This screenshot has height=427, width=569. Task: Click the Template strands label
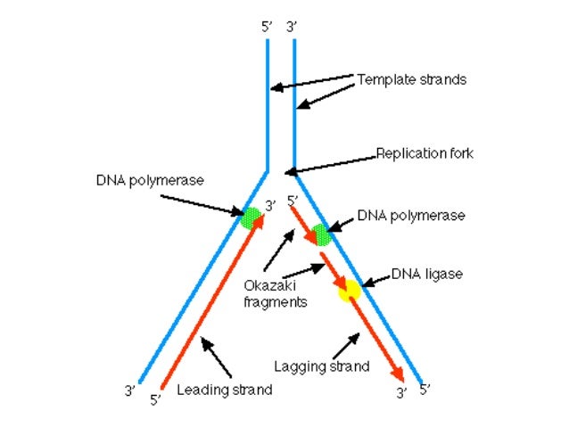click(411, 79)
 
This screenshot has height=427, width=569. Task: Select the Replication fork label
click(424, 153)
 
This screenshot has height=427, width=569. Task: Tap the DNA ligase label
click(427, 274)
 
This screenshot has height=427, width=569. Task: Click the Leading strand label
click(224, 390)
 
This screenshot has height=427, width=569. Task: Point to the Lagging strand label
click(322, 365)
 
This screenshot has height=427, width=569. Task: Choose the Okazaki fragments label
click(275, 294)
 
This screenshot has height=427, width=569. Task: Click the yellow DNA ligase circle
click(348, 289)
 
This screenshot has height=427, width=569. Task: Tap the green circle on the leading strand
click(252, 218)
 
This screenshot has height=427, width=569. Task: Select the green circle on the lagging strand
click(321, 235)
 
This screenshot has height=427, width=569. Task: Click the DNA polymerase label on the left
click(150, 180)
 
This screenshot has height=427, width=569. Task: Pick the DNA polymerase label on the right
click(410, 215)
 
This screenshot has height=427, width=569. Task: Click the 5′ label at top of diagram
click(267, 27)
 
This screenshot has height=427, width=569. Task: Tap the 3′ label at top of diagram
click(292, 27)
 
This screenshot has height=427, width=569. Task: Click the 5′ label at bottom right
click(425, 390)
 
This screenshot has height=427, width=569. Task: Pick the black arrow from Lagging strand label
click(342, 343)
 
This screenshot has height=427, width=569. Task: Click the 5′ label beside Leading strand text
click(155, 399)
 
